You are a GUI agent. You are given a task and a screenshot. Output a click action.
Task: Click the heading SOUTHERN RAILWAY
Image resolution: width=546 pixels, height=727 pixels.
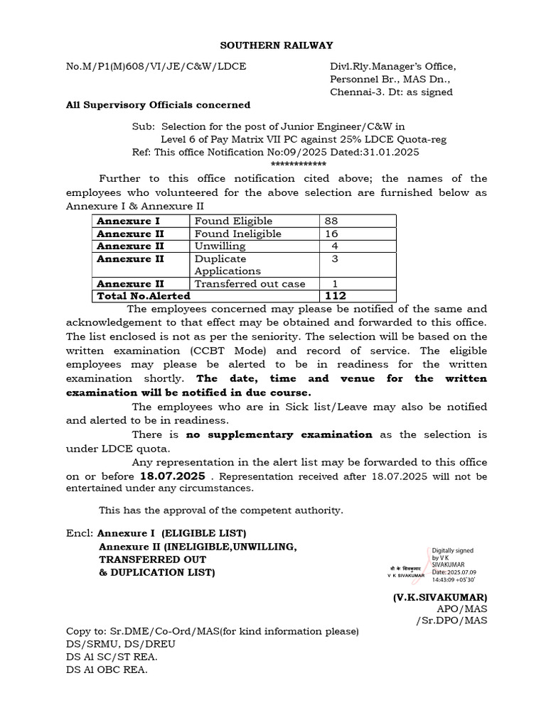(276, 45)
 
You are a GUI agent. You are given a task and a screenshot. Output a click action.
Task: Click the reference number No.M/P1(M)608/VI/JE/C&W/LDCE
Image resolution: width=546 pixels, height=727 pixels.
(156, 67)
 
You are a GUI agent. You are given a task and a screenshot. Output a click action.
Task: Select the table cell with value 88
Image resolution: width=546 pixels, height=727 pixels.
(331, 221)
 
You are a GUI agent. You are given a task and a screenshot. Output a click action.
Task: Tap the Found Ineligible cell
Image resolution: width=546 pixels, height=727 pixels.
(238, 234)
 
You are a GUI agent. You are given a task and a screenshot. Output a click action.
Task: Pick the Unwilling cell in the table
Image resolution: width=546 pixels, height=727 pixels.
(220, 246)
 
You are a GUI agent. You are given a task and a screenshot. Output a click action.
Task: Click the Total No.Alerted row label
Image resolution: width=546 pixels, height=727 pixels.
(144, 296)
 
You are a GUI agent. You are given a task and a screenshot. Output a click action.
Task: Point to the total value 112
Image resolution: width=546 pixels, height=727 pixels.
(336, 296)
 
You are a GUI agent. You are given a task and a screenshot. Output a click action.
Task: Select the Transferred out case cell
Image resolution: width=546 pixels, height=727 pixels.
(250, 284)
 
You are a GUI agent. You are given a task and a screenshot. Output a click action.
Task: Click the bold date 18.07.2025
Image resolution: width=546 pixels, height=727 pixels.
(170, 476)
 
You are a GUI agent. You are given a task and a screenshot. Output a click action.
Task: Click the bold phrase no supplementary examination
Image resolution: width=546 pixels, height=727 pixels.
(279, 434)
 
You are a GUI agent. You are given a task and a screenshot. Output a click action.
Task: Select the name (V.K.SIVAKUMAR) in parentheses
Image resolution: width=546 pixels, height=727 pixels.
(440, 597)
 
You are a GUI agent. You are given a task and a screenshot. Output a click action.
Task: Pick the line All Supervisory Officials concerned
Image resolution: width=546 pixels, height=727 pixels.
(158, 105)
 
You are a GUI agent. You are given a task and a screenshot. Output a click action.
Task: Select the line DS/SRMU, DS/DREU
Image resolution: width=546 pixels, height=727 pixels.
(120, 644)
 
